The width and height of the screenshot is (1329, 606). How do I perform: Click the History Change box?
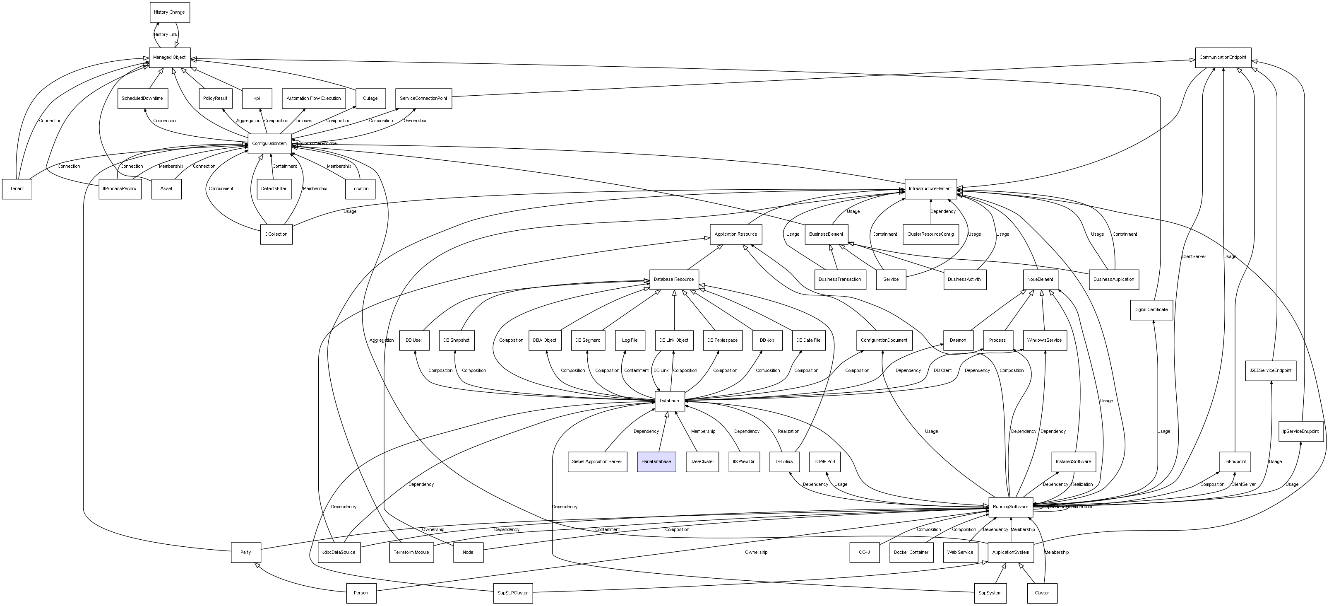[x=170, y=12]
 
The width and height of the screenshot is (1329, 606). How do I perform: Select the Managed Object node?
[x=170, y=57]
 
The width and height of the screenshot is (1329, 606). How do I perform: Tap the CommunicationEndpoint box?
[x=1223, y=57]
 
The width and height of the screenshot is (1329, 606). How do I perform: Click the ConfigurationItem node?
[x=269, y=143]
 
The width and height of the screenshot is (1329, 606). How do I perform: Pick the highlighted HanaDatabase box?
[x=656, y=461]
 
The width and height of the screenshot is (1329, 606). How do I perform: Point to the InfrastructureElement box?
[x=930, y=189]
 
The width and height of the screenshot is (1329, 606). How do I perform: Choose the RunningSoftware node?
[x=1010, y=507]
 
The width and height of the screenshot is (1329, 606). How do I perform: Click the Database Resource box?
[x=674, y=279]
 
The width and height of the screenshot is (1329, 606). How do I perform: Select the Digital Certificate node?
[x=1151, y=310]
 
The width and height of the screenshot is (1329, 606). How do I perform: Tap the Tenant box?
[x=17, y=189]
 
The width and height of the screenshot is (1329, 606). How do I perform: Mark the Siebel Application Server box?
[x=597, y=461]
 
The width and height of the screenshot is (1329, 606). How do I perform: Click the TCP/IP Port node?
[x=824, y=461]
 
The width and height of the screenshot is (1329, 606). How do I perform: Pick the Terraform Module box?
[x=411, y=552]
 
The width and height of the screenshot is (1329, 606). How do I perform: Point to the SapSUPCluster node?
[x=512, y=593]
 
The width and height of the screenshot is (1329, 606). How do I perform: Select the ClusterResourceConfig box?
[x=930, y=234]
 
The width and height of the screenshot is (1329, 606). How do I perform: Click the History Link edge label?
[x=166, y=34]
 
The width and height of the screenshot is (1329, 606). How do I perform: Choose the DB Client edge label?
[x=942, y=371]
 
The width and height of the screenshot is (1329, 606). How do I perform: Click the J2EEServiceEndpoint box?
[x=1270, y=371]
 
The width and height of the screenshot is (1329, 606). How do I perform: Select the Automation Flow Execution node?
[x=314, y=98]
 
